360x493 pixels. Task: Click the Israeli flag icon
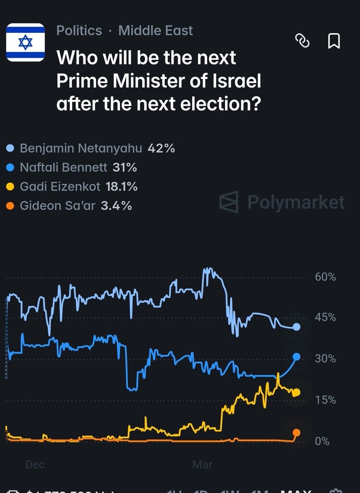pos(25,42)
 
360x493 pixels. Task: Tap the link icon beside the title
pos(302,41)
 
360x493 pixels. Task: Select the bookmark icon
pos(334,41)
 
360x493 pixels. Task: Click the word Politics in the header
pos(79,30)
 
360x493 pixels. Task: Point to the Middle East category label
pos(155,30)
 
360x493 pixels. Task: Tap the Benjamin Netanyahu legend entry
pos(81,148)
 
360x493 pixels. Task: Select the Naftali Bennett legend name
pos(63,167)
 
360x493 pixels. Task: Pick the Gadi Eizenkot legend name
pos(60,187)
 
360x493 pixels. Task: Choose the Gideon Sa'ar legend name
pos(57,205)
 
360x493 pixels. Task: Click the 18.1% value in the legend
pos(121,187)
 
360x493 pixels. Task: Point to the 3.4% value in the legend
pos(116,205)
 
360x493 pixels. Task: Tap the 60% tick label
pos(325,277)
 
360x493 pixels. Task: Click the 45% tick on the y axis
pos(325,318)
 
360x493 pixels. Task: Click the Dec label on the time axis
pos(35,464)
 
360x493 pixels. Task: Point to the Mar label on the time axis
pos(202,464)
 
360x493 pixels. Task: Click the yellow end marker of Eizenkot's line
pos(296,392)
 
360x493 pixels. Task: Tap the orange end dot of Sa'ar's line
pos(296,433)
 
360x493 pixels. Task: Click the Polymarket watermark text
pos(296,202)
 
